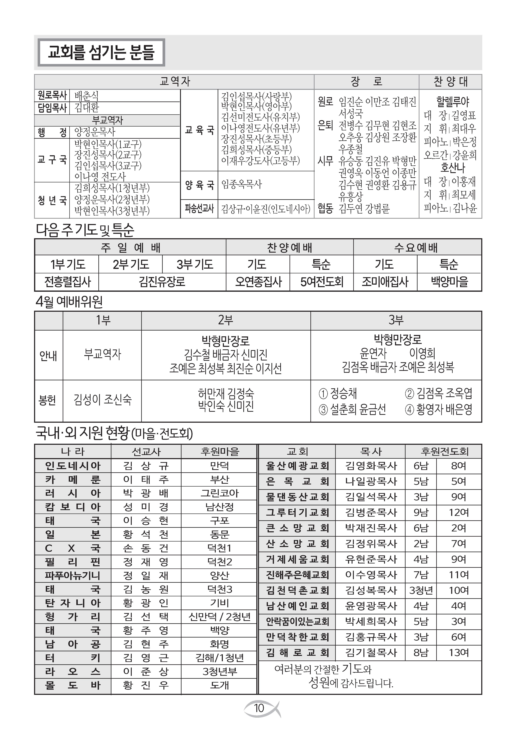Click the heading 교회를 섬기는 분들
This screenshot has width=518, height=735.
pyautogui.click(x=101, y=52)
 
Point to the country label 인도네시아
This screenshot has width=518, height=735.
pyautogui.click(x=73, y=466)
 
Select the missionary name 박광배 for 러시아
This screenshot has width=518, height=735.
pyautogui.click(x=146, y=493)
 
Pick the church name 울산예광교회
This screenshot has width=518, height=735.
pyautogui.click(x=297, y=466)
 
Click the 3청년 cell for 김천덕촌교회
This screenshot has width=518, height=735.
pyautogui.click(x=421, y=590)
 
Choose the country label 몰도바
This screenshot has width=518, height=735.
pyautogui.click(x=73, y=685)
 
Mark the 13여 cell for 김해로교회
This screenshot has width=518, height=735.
pyautogui.click(x=459, y=652)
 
